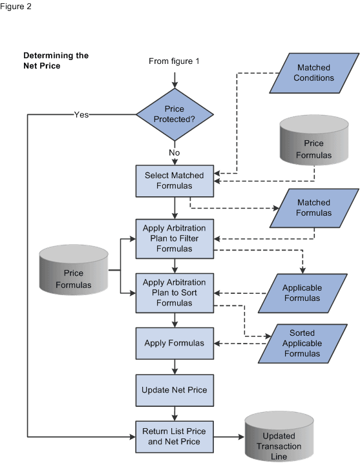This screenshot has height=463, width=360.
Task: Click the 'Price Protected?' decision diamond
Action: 175,114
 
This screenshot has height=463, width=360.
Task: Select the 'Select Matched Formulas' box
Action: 175,181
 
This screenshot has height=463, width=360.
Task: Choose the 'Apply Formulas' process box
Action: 175,343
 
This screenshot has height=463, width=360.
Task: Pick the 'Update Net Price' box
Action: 175,390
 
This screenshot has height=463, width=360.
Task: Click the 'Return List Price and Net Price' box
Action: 175,437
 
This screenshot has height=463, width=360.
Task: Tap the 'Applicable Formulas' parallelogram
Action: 301,293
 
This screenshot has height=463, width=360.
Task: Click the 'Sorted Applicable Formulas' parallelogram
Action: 301,344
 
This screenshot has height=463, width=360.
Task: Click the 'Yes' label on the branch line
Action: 81,114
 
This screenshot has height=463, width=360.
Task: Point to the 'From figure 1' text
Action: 175,61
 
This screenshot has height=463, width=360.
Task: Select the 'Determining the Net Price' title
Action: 56,60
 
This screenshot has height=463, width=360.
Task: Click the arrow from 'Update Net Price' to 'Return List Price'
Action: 175,413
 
